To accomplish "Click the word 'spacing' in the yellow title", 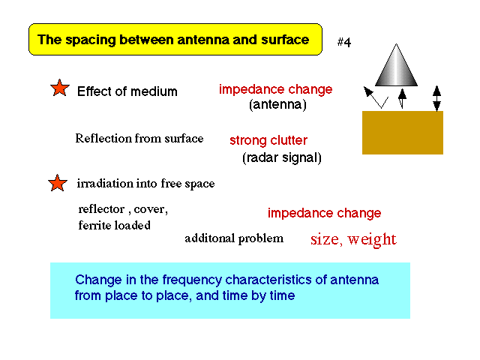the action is (91, 40).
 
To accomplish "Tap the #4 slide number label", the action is (344, 42).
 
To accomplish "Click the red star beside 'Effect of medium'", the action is (60, 88).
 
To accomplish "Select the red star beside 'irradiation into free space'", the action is (58, 183).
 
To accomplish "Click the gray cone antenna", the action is (396, 65).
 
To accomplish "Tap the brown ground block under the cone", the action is (403, 133).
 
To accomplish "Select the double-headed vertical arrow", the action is (436, 98).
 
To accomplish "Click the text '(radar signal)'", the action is (282, 157).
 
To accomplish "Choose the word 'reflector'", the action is (102, 209).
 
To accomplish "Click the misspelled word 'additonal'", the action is (208, 238).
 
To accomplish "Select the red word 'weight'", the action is (372, 239).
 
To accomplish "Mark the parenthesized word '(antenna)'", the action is (277, 105).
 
